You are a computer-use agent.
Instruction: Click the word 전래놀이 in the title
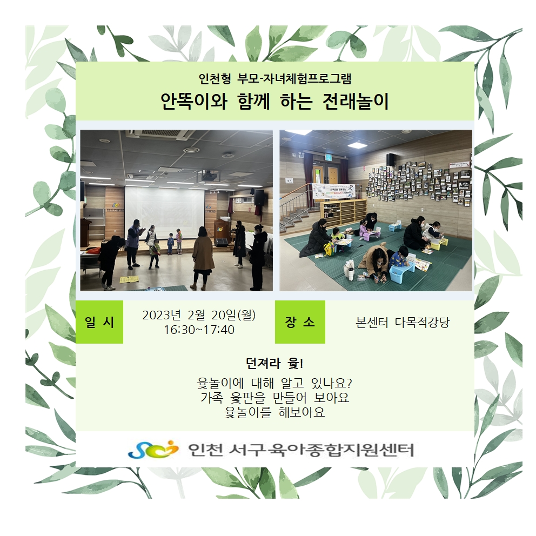coord(356,101)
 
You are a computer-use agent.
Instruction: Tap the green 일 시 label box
coord(99,321)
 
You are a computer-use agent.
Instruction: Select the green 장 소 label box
coord(300,321)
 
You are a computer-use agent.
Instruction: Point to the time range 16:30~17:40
coord(199,330)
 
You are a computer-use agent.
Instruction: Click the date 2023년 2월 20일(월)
coord(199,315)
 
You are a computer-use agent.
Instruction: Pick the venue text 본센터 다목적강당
coord(403,323)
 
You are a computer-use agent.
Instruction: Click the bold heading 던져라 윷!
coord(274,364)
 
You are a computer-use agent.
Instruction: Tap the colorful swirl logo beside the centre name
coord(153,449)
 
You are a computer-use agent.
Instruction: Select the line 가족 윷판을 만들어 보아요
coord(275,398)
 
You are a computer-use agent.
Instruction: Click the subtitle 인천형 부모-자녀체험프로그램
coord(275,79)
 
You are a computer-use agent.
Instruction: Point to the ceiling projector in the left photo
coord(209,176)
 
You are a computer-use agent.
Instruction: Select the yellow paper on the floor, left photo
coord(129,279)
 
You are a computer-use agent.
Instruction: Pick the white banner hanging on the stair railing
coord(333,191)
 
